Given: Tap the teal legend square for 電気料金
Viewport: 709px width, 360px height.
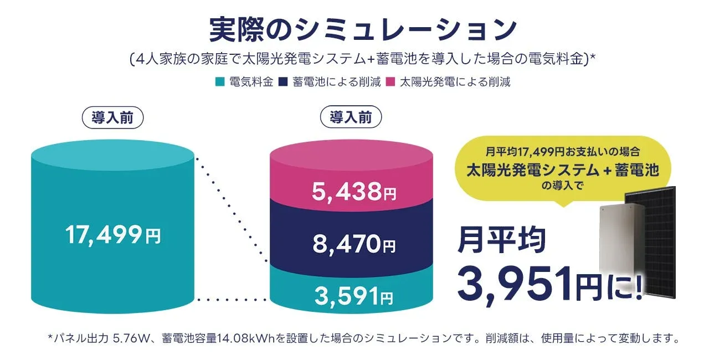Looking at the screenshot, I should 219,83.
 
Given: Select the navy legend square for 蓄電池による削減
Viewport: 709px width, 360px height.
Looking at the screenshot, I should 282,83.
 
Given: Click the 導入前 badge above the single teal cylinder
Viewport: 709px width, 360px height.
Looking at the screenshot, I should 113,118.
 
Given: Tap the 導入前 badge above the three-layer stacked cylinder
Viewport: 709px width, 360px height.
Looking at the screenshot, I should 351,117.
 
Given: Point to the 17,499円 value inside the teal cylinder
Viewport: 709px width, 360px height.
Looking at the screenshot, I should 113,236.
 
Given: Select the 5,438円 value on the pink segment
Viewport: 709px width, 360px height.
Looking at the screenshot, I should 354,192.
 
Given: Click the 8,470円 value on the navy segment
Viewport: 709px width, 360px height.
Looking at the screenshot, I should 354,244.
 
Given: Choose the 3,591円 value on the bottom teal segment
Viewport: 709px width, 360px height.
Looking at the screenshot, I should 354,296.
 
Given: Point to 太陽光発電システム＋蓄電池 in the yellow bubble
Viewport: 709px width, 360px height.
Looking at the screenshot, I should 563,169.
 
